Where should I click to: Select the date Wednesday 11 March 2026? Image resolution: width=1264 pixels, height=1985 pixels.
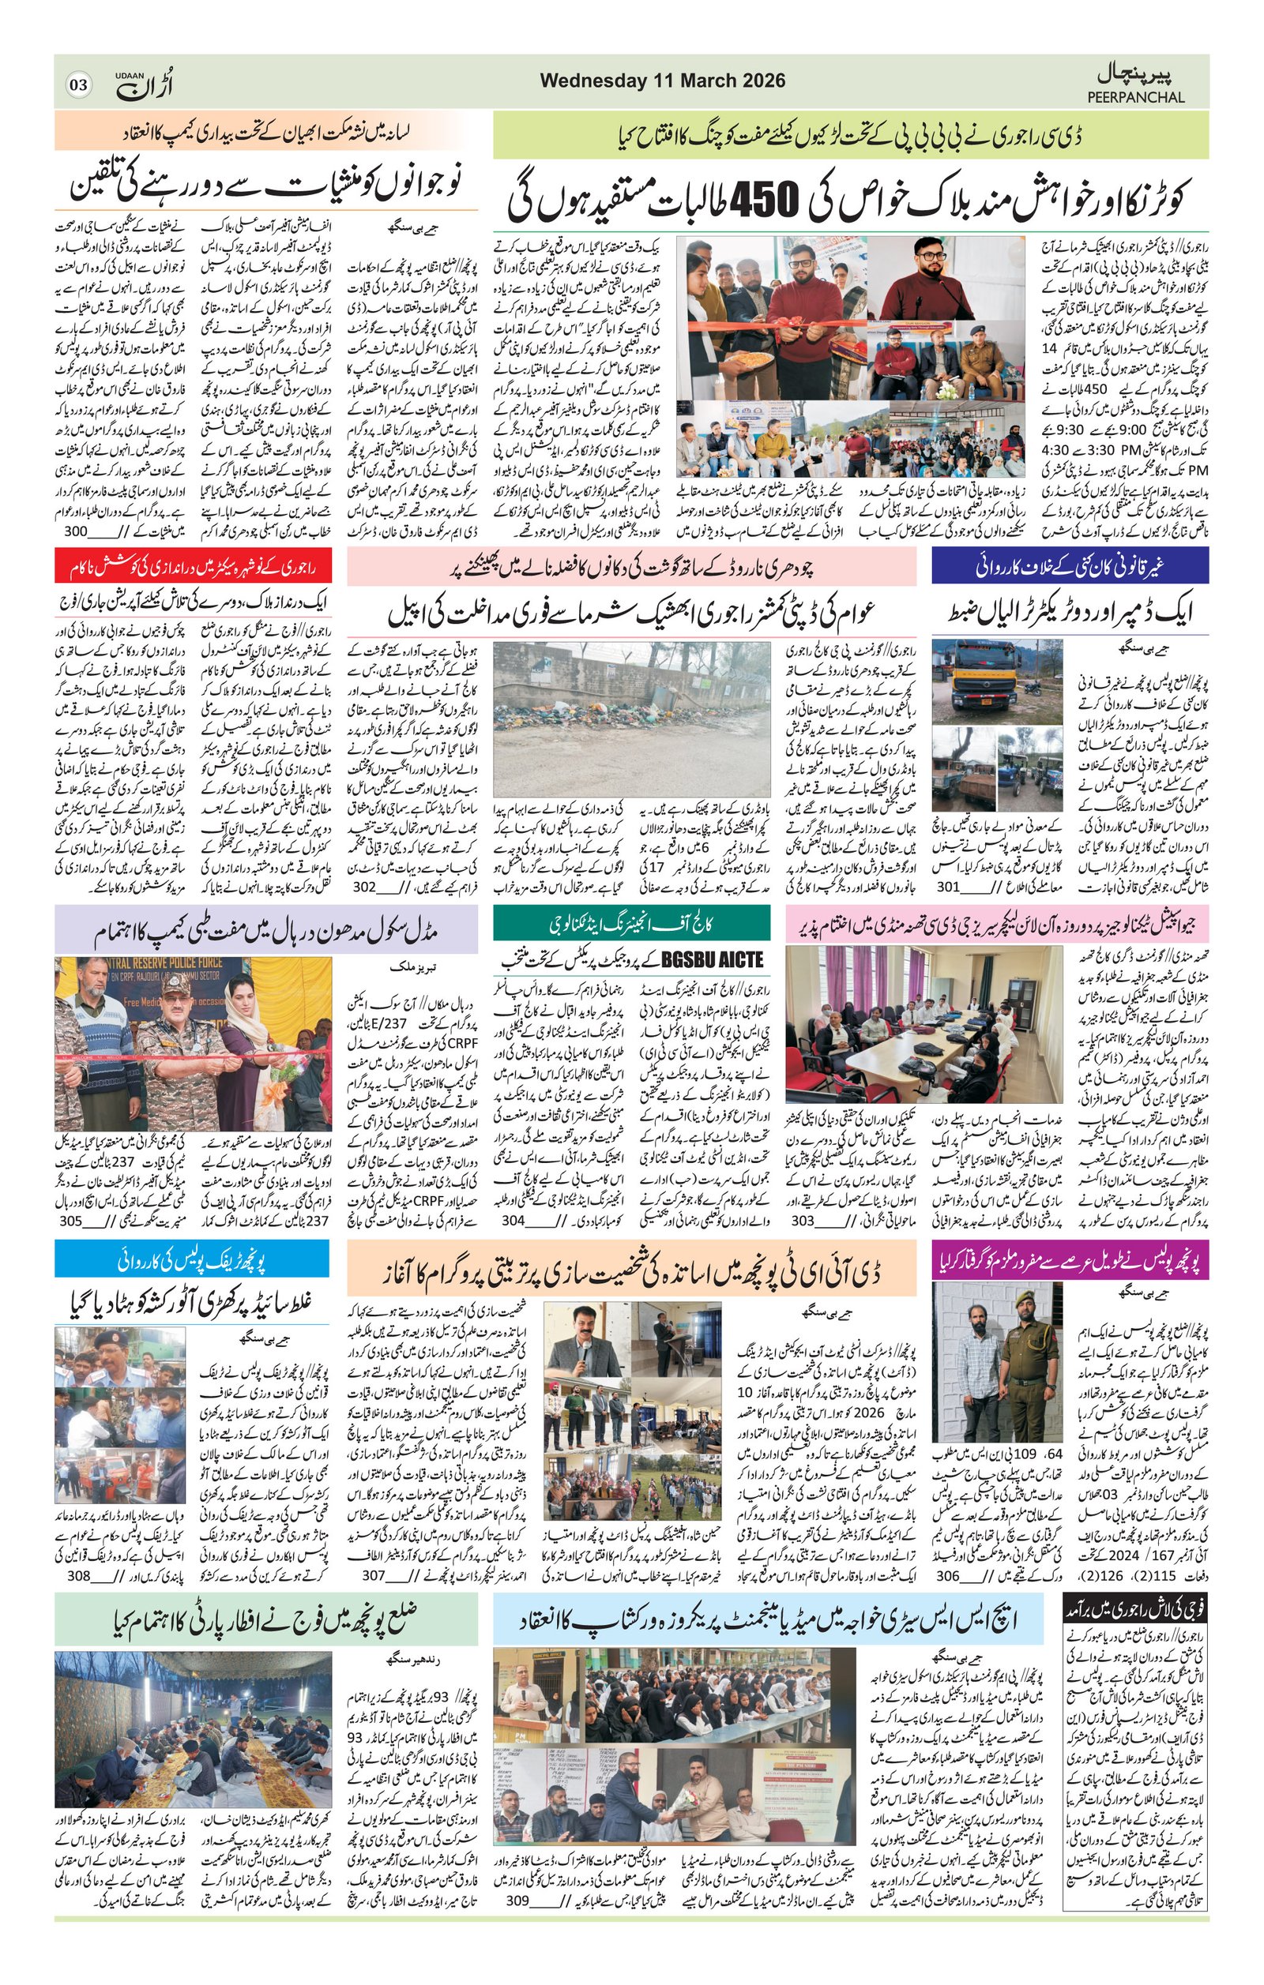coord(662,81)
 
